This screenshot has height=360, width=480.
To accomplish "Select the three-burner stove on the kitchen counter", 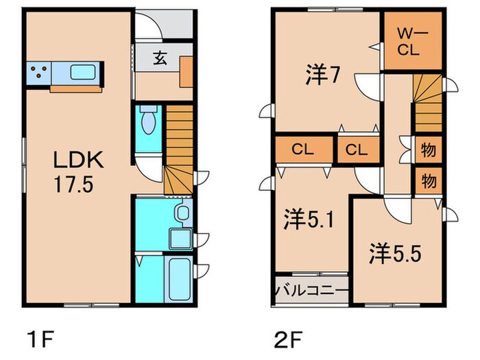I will point(38,71).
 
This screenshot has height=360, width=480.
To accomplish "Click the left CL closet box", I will point(302,149).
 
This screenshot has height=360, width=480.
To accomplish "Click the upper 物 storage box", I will point(429,149).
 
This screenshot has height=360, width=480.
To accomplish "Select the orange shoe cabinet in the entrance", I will point(187,71).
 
